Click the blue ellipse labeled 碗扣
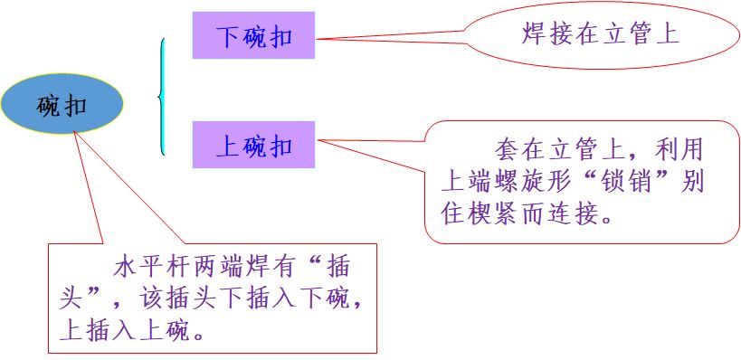pos(62,104)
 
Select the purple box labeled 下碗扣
pos(253,36)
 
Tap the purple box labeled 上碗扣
pos(253,145)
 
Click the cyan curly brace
pos(162,96)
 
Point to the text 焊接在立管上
pos(600,34)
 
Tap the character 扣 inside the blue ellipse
pos(76,105)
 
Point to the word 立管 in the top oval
pos(626,34)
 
